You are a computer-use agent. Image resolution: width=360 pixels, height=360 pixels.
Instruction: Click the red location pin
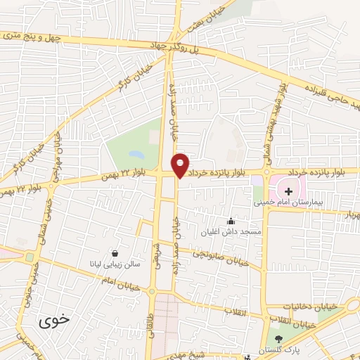181,165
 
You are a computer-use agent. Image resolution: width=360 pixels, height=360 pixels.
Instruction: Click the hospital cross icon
288,191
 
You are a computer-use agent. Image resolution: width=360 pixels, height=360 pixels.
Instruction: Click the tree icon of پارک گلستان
278,340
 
